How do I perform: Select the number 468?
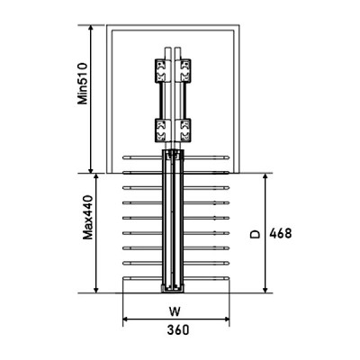281,232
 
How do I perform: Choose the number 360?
177,329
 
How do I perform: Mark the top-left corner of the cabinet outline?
108,27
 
